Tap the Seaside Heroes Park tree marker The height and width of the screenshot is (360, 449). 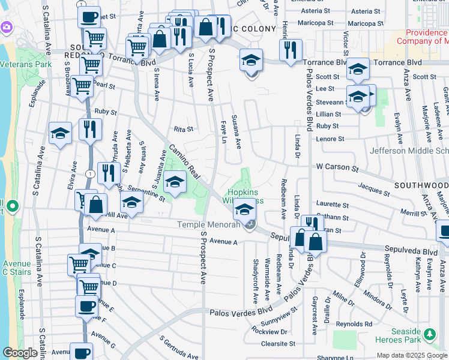(430, 334)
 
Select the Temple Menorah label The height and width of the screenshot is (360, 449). (208, 225)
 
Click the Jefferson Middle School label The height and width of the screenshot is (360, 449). (409, 151)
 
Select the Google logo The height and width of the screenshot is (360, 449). (20, 353)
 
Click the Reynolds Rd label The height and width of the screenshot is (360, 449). (354, 324)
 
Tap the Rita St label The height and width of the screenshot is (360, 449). (183, 129)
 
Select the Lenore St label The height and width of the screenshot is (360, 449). (330, 139)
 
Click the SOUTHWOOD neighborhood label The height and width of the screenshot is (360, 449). (421, 185)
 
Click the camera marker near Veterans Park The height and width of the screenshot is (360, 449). (7, 27)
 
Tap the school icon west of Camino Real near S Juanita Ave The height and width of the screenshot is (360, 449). (175, 182)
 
